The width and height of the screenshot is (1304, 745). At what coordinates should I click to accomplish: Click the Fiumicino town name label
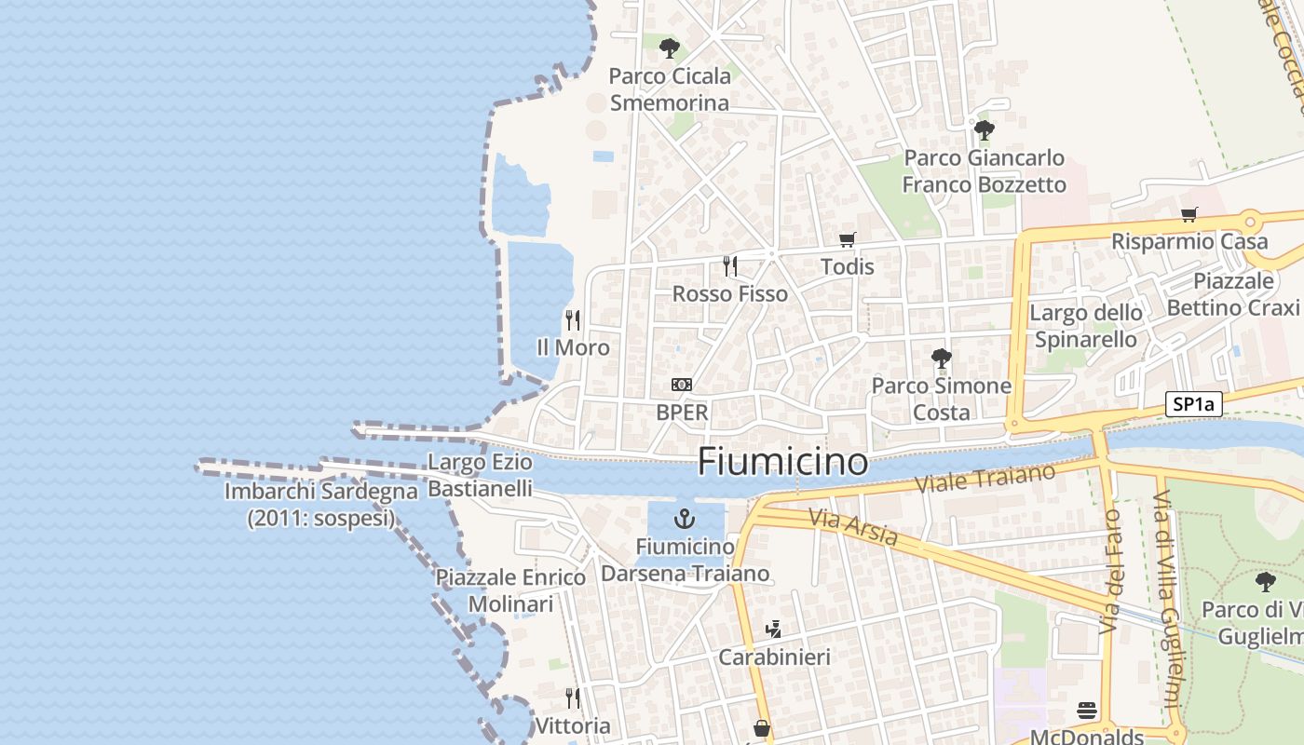[782, 461]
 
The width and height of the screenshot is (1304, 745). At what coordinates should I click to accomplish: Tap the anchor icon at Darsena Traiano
[686, 519]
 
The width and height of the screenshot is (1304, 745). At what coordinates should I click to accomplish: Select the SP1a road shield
[1193, 404]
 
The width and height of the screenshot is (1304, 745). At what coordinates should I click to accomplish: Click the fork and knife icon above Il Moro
[573, 320]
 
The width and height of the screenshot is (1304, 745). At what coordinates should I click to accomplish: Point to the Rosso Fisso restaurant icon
[730, 266]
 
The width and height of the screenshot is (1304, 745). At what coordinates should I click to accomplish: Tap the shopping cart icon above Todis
[847, 240]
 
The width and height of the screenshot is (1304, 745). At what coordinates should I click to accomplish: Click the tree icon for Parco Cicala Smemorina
[669, 48]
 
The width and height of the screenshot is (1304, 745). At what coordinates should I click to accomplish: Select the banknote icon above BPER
[682, 385]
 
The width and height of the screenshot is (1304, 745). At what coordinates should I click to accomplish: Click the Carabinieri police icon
[773, 630]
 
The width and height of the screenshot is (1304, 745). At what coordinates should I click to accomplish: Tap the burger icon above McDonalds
[1087, 711]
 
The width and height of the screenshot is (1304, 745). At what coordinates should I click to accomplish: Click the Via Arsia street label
[852, 527]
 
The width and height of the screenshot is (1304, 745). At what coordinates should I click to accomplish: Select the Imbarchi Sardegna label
[320, 505]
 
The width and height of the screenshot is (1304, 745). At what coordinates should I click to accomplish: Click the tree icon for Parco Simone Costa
[942, 358]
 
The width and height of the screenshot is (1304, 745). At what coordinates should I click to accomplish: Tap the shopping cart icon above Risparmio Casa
[1189, 215]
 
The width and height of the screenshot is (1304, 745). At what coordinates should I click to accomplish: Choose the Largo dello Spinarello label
[1086, 326]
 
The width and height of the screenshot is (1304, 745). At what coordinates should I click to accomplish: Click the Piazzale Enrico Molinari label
[510, 590]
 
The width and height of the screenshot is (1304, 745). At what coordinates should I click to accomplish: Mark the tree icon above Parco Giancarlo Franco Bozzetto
[984, 129]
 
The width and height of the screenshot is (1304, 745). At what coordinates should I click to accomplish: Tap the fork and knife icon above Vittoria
[573, 698]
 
